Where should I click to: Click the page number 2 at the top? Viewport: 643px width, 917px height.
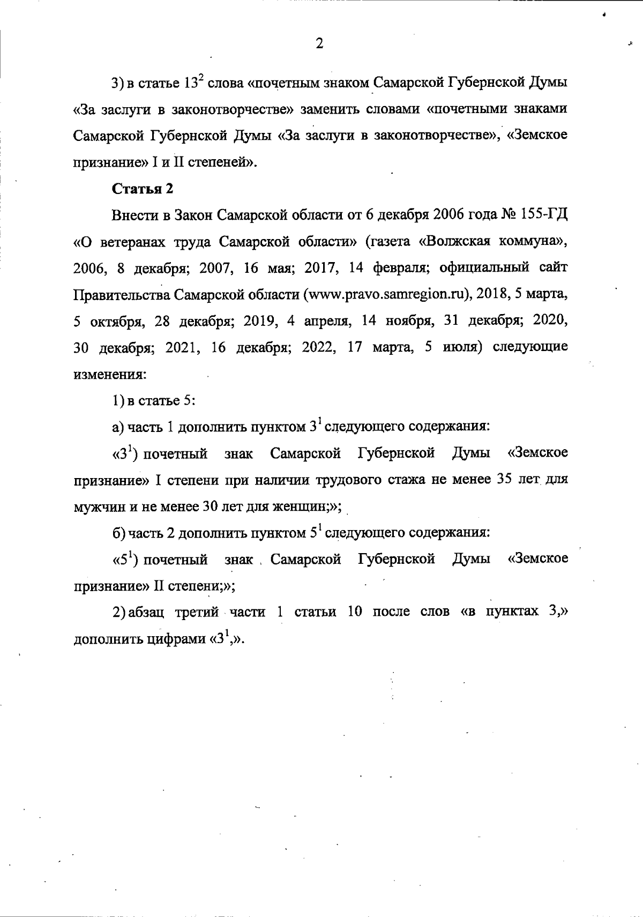(x=319, y=43)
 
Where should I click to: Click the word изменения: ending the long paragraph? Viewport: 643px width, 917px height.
(x=109, y=374)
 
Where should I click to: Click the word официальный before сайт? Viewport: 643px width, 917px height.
(x=485, y=269)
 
